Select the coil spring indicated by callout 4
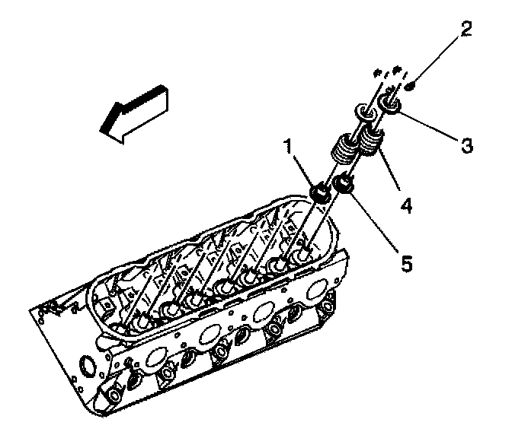371,141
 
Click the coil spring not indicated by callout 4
344,145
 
